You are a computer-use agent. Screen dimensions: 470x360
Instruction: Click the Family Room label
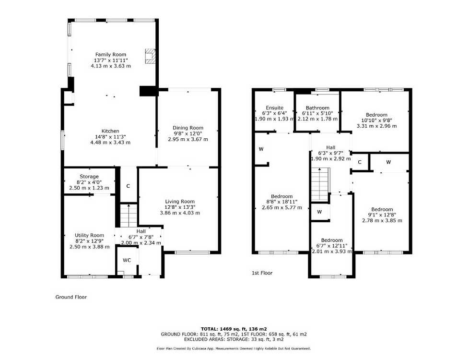click(x=111, y=55)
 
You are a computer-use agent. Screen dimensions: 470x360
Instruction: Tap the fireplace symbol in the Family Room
click(x=150, y=56)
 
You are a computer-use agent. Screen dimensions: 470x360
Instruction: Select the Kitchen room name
click(x=110, y=131)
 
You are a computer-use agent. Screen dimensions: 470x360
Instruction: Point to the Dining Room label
click(x=188, y=128)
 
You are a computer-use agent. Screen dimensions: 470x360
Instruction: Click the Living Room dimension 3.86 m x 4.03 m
click(x=180, y=213)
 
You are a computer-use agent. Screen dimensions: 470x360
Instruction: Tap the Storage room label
click(x=89, y=177)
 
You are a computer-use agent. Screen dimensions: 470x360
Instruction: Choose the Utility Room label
click(x=89, y=236)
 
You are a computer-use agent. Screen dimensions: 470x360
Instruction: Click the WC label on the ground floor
click(x=127, y=260)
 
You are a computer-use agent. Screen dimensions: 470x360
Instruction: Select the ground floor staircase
click(x=129, y=216)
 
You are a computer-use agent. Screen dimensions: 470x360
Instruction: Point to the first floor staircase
click(x=320, y=184)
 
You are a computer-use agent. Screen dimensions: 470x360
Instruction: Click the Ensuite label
click(x=274, y=108)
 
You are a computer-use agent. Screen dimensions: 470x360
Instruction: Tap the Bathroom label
click(x=317, y=108)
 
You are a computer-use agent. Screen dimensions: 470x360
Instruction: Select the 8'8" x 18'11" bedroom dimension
click(x=282, y=202)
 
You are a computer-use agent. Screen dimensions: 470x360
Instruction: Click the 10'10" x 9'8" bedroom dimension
click(x=376, y=120)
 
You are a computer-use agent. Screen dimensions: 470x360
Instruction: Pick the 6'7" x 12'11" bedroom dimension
click(x=332, y=246)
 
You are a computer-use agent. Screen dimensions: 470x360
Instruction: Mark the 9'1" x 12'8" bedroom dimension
click(x=382, y=215)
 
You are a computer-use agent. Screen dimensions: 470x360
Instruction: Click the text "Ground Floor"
click(x=71, y=297)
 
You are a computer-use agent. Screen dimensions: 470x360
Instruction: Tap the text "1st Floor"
click(x=262, y=273)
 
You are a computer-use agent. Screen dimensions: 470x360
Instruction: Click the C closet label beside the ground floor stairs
click(x=128, y=186)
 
